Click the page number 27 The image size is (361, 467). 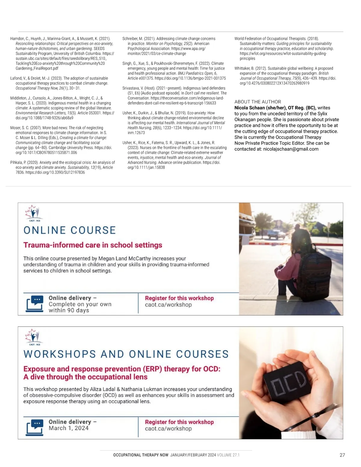342,455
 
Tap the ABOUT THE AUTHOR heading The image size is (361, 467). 258,102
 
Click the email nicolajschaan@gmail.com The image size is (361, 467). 291,149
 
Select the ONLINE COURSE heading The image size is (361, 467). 69,230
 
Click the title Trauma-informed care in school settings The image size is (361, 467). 93,245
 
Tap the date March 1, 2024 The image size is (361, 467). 69,428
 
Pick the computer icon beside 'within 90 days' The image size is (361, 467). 35,303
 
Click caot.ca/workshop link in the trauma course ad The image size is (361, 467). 168,305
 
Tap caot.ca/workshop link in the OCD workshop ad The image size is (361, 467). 168,429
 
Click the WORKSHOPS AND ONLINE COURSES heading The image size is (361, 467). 126,354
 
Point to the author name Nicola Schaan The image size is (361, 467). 249,108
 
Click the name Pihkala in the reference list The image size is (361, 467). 17,162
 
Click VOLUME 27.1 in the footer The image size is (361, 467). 228,455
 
